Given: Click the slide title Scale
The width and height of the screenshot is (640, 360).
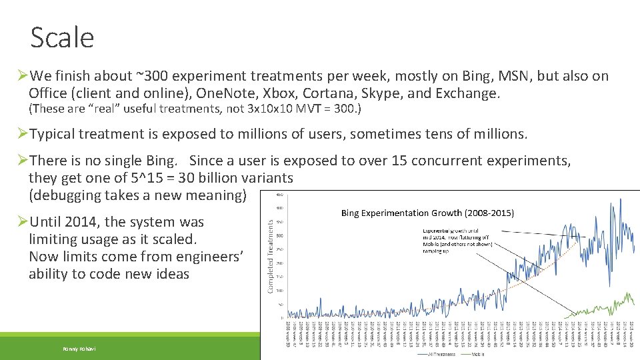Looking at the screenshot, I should (62, 37).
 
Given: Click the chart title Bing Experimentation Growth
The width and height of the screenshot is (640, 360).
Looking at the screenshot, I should (427, 213).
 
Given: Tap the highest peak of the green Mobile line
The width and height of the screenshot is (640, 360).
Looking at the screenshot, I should (627, 293).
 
